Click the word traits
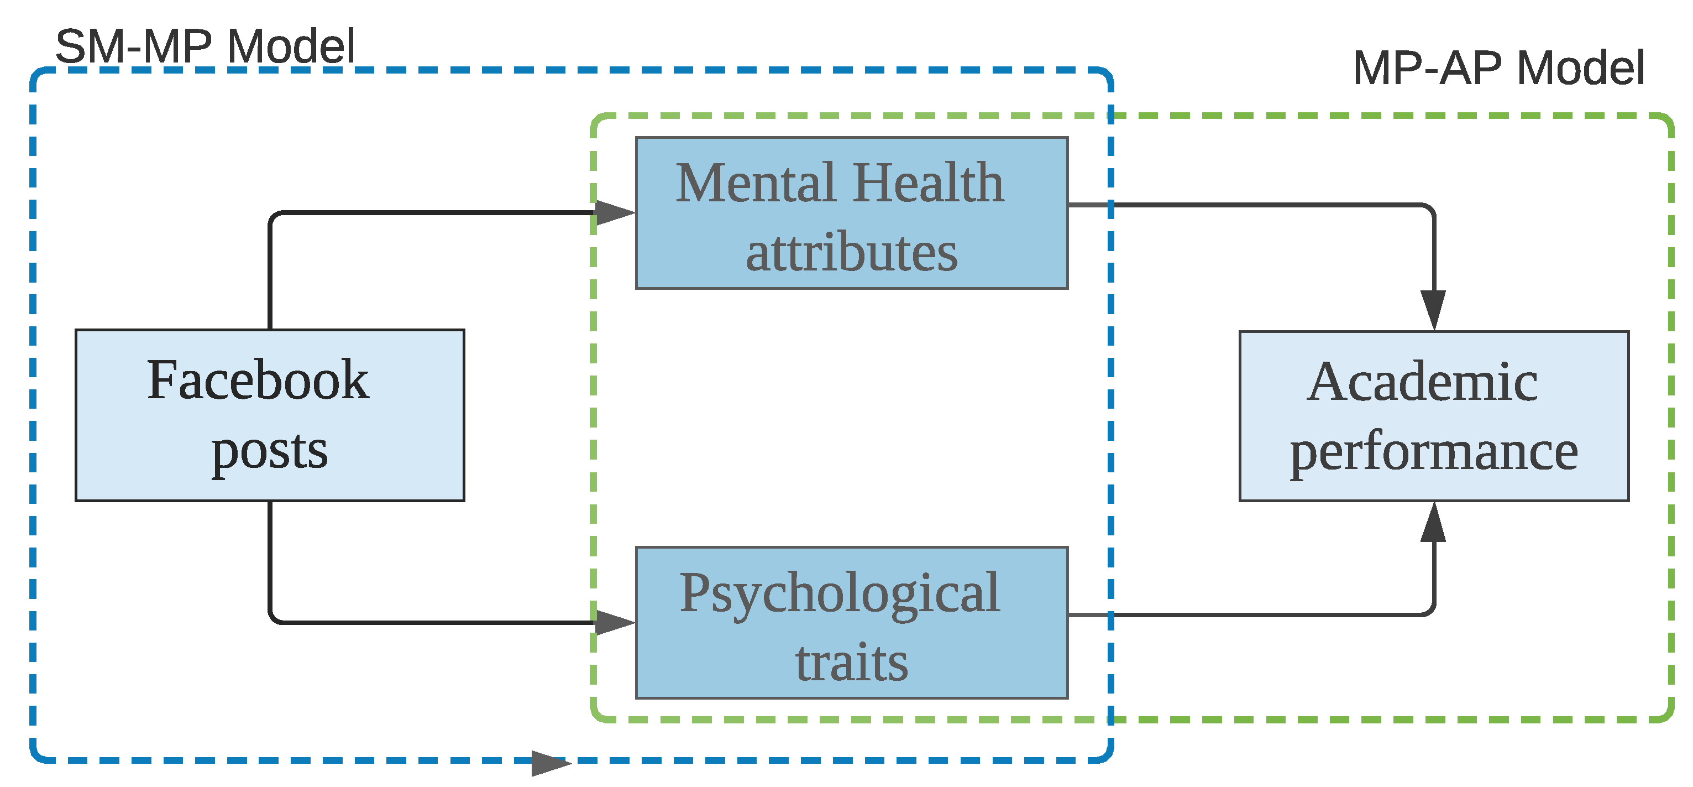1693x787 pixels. tap(851, 662)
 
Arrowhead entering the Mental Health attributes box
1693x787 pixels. tap(615, 212)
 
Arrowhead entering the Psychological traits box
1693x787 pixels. tap(615, 622)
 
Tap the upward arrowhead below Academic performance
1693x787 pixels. tap(1433, 523)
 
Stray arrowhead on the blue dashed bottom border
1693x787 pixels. tap(550, 763)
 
